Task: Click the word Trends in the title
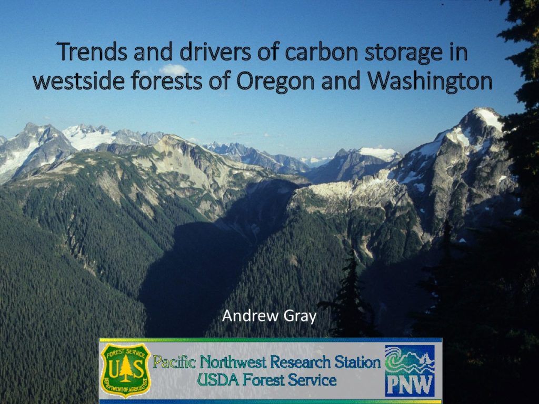(x=93, y=52)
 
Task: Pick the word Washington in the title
(x=430, y=82)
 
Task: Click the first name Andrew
(x=250, y=316)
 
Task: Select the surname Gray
(x=300, y=317)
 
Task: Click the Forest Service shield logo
(x=125, y=370)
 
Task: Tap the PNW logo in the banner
(x=410, y=371)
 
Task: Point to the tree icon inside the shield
(x=125, y=368)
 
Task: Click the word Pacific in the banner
(x=174, y=362)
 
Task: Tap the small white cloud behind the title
(x=174, y=69)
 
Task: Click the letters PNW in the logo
(x=410, y=385)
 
